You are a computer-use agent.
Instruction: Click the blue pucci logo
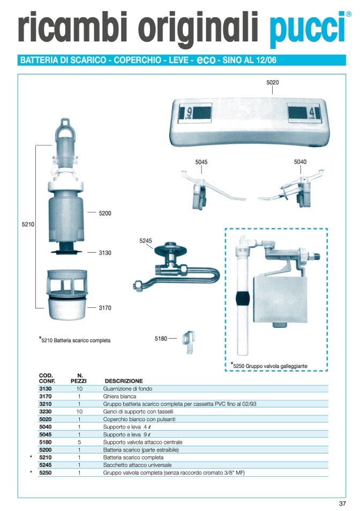[x=308, y=29]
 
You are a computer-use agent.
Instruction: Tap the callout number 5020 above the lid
[x=273, y=83]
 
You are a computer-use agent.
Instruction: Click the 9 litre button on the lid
[x=195, y=113]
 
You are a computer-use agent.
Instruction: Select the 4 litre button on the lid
[x=304, y=113]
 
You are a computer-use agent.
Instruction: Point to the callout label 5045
[x=201, y=162]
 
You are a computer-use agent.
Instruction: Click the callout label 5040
[x=300, y=161]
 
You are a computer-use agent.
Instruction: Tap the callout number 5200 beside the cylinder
[x=105, y=213]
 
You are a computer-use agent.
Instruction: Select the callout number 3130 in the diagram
[x=105, y=253]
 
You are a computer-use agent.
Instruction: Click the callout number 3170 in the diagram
[x=105, y=308]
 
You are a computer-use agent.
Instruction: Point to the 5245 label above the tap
[x=146, y=241]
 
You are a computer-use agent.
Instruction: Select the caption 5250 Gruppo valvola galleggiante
[x=269, y=366]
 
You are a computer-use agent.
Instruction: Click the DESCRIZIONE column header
[x=124, y=381]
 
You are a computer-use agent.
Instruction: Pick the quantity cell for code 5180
[x=79, y=442]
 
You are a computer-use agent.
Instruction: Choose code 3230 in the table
[x=45, y=412]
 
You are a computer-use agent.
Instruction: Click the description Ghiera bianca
[x=119, y=396]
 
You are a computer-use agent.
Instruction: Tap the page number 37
[x=342, y=503]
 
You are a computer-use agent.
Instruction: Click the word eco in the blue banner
[x=206, y=60]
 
